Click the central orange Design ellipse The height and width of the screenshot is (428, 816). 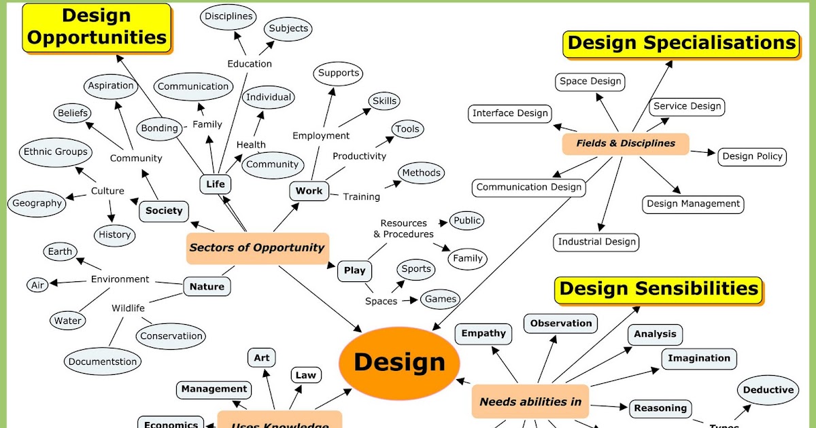coord(399,361)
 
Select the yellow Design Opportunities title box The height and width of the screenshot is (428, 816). coord(97,27)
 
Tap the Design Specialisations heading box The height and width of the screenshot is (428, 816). coord(681,43)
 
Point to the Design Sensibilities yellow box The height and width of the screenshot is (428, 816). coord(658,289)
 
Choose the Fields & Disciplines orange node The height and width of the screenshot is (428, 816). coord(626,143)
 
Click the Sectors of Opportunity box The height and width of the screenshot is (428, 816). coord(257,248)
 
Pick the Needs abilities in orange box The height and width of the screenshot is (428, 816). coord(530,402)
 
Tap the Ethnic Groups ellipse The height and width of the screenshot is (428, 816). coord(56,152)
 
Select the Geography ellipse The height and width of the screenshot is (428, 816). coord(37,203)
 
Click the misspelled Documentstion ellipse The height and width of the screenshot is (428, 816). coord(103,362)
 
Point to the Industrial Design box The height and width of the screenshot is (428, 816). coord(597,242)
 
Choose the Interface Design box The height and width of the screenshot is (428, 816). coord(510,113)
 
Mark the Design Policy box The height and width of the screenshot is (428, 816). coord(752,156)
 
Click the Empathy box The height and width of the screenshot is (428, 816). coord(483,334)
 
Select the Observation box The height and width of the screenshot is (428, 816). coord(561,323)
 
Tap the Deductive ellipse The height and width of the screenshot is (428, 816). coord(768,390)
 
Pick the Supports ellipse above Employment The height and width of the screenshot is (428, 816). coord(339,73)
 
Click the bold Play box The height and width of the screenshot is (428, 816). coord(354,270)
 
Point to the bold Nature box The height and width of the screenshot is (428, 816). coord(207,287)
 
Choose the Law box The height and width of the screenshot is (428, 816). coord(305,375)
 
